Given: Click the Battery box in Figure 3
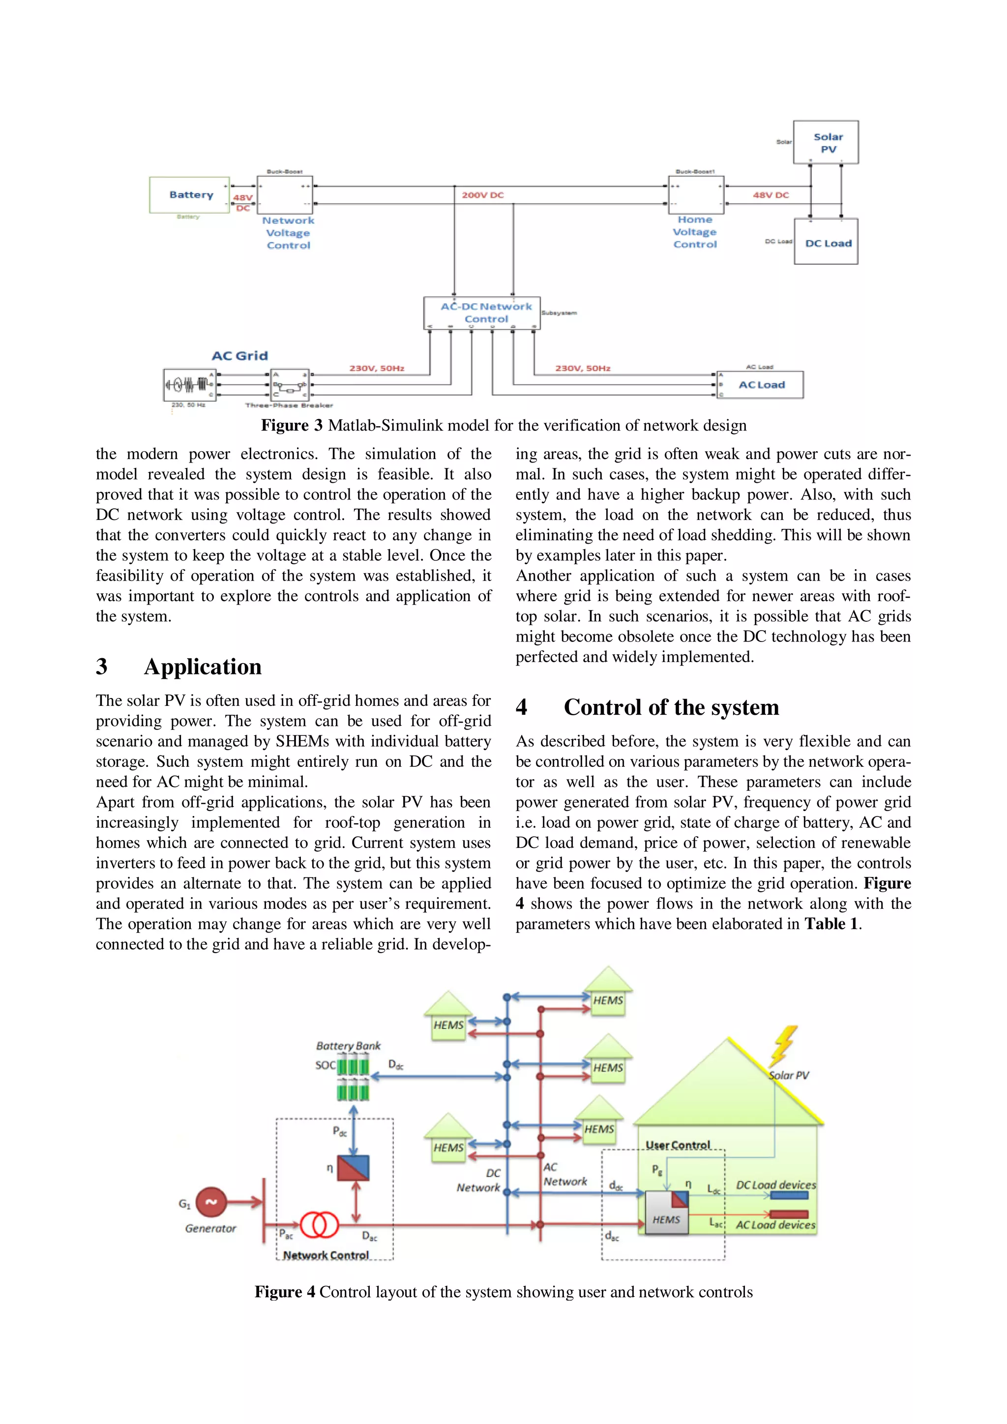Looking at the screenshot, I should (x=189, y=195).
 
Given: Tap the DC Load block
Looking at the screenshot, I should (x=826, y=242).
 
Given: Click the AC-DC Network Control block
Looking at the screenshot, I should (x=482, y=313).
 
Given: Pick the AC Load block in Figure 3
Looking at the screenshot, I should (x=760, y=384).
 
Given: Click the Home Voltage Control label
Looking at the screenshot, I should (x=694, y=232).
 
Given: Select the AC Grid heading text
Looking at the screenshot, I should (x=239, y=356).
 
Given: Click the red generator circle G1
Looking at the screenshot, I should (x=211, y=1202).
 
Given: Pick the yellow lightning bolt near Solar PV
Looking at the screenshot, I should (x=784, y=1046).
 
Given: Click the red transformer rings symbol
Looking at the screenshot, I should (x=319, y=1224).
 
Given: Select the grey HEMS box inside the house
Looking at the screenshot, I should (x=666, y=1213).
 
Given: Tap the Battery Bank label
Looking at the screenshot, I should (x=348, y=1046).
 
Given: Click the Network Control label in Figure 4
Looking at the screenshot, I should (x=326, y=1255).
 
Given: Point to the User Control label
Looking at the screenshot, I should (x=678, y=1145).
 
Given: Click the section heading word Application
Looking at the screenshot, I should (x=202, y=667).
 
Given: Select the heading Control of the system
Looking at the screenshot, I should (x=671, y=707).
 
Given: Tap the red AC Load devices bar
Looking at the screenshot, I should (x=789, y=1214).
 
